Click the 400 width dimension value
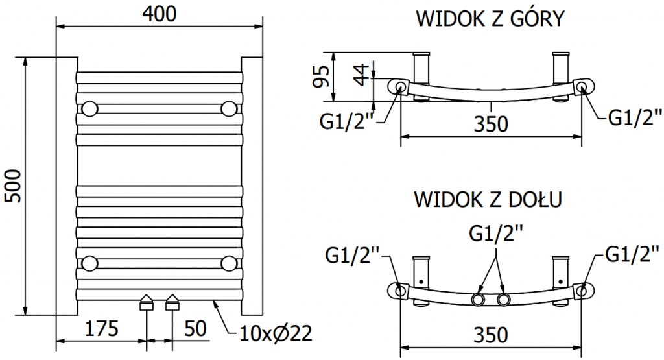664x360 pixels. coord(160,14)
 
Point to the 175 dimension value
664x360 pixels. coord(101,329)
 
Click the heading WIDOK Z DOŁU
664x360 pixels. coord(490,198)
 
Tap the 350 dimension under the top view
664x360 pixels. coord(490,123)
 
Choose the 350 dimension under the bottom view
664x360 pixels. coord(490,335)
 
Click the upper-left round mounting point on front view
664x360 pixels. coord(89,107)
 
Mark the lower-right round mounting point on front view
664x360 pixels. coord(228,263)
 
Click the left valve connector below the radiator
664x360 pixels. coord(147,303)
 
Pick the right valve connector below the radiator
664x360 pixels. coord(172,303)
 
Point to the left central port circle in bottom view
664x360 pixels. coord(480,299)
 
